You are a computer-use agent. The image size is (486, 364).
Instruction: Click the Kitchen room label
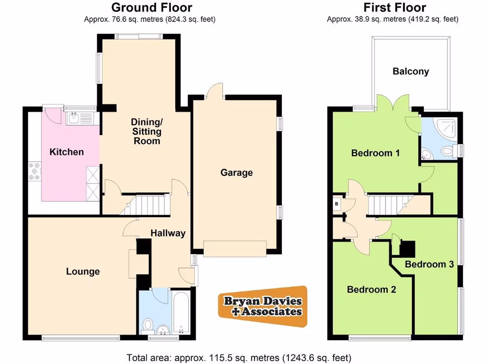pyautogui.click(x=66, y=152)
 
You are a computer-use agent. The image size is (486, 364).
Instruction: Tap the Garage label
pyautogui.click(x=236, y=173)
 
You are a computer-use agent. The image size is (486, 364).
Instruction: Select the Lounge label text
pyautogui.click(x=83, y=271)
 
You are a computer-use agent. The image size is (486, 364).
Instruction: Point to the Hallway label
pyautogui.click(x=168, y=233)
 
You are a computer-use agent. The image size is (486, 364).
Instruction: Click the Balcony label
pyautogui.click(x=411, y=72)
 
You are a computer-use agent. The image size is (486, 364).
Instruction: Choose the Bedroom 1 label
pyautogui.click(x=375, y=153)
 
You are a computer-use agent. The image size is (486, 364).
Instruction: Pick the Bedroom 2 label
pyautogui.click(x=371, y=290)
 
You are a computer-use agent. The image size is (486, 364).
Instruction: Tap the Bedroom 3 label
pyautogui.click(x=429, y=264)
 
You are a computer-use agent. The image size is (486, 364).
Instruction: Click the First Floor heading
pyautogui.click(x=394, y=8)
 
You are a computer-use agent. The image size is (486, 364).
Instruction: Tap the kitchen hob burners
pyautogui.click(x=35, y=171)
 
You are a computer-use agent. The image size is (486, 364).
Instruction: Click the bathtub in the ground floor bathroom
pyautogui.click(x=181, y=313)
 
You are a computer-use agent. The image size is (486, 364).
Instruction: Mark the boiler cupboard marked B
pyautogui.click(x=337, y=204)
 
